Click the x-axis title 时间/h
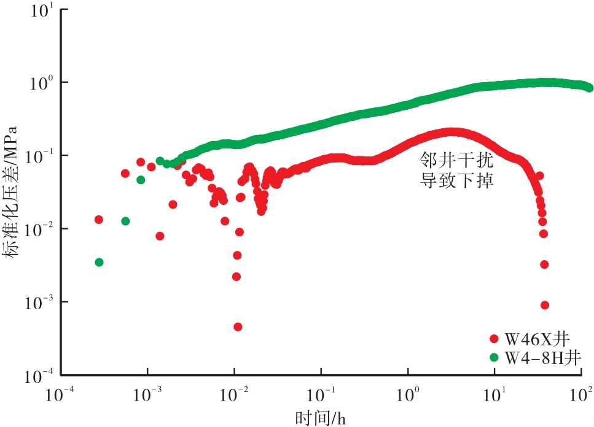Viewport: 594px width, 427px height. tap(321, 418)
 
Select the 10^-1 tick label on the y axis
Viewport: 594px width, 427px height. tap(41, 155)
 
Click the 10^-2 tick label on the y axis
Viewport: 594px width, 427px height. tap(41, 228)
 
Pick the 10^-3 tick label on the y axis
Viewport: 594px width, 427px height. tap(41, 302)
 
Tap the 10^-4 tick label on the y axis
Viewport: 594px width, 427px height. tap(41, 374)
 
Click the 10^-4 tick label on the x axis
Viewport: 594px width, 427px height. tap(61, 392)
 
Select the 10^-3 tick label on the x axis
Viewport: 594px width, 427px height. tap(147, 392)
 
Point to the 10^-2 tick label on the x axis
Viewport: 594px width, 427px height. tap(234, 392)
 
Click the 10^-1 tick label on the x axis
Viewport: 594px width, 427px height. tap(321, 392)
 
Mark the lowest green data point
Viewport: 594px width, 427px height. tap(99, 262)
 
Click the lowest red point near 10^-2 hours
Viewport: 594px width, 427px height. tap(238, 327)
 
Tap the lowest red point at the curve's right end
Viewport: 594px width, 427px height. tap(544, 305)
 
